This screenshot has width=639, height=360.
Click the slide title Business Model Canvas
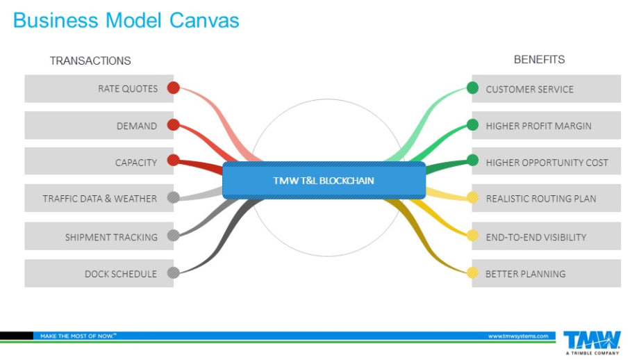point(126,20)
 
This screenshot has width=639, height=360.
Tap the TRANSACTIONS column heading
point(90,60)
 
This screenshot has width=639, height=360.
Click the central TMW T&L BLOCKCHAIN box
point(324,180)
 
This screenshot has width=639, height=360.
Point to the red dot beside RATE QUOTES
point(174,88)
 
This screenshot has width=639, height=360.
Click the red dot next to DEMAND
point(174,125)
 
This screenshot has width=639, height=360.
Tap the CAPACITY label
point(136,163)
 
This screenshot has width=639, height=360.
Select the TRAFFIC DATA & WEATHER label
point(100,199)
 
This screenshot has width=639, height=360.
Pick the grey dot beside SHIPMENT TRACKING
point(174,236)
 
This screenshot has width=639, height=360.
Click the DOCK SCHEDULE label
point(121,274)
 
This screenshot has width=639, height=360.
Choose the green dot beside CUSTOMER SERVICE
point(472,88)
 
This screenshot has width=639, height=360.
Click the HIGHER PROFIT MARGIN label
point(538,126)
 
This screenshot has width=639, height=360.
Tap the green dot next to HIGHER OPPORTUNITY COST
point(472,161)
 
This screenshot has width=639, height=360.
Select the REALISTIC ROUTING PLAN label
point(541,199)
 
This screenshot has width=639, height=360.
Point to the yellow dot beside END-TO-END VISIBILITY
point(472,236)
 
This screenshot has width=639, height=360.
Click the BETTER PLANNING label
point(525,274)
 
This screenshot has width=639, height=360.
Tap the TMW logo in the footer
point(592,341)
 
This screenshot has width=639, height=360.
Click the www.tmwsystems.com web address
point(517,336)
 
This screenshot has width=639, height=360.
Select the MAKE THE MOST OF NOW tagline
point(78,336)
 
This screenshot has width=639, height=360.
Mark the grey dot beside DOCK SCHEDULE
point(174,273)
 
